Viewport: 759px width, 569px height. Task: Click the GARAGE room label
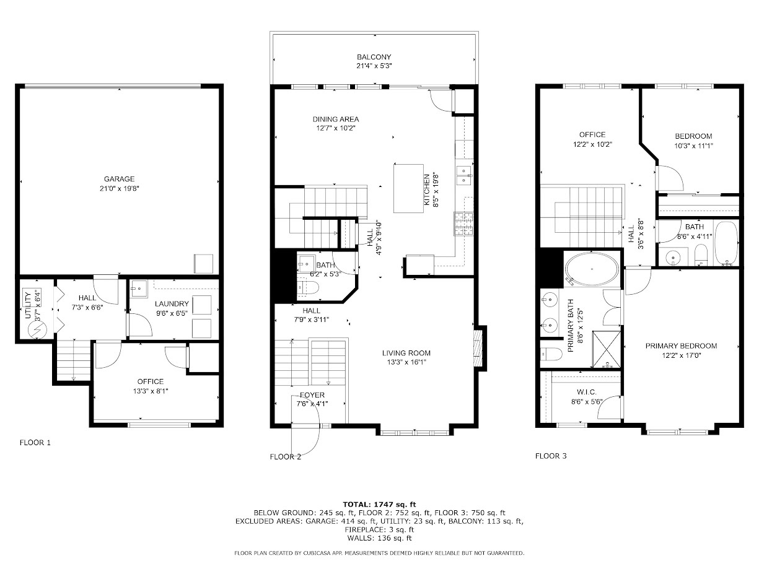(x=119, y=179)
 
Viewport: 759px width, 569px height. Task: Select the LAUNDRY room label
(x=172, y=303)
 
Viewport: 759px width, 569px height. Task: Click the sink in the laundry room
(x=138, y=287)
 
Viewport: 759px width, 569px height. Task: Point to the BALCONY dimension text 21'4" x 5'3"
(x=374, y=66)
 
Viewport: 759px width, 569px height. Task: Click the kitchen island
(x=408, y=188)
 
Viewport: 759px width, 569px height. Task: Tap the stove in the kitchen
(x=463, y=224)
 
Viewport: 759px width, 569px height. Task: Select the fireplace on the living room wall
(x=476, y=350)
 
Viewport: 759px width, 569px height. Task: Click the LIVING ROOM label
(x=405, y=354)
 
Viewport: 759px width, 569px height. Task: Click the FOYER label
(x=312, y=395)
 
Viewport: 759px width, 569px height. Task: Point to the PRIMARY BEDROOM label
(x=681, y=346)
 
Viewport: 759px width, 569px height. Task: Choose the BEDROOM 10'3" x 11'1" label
(x=693, y=136)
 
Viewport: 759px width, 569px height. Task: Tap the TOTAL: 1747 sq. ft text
(x=379, y=504)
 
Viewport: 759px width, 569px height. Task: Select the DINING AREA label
(x=335, y=119)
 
